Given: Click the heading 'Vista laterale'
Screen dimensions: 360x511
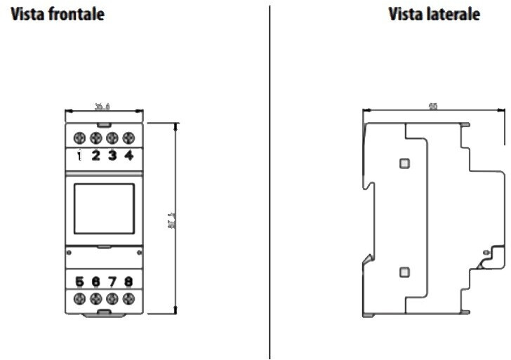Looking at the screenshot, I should tap(434, 14).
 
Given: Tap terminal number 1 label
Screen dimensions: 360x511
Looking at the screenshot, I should tap(80, 156).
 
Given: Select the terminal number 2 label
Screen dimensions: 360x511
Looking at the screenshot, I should tap(96, 156).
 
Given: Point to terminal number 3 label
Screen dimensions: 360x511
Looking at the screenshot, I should tap(112, 156).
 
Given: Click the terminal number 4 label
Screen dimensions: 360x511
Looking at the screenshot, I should tap(128, 156).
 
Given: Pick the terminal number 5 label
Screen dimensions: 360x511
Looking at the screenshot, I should tap(80, 282).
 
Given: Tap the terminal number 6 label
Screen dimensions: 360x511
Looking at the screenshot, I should tap(96, 282).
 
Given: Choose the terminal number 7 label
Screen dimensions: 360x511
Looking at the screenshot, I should tap(112, 282).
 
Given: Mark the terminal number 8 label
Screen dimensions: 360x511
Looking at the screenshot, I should tap(128, 282).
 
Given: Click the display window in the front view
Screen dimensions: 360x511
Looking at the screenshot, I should tap(104, 208).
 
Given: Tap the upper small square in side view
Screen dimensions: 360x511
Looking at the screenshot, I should tap(404, 163).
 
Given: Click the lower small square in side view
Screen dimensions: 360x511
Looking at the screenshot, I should tap(404, 272).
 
